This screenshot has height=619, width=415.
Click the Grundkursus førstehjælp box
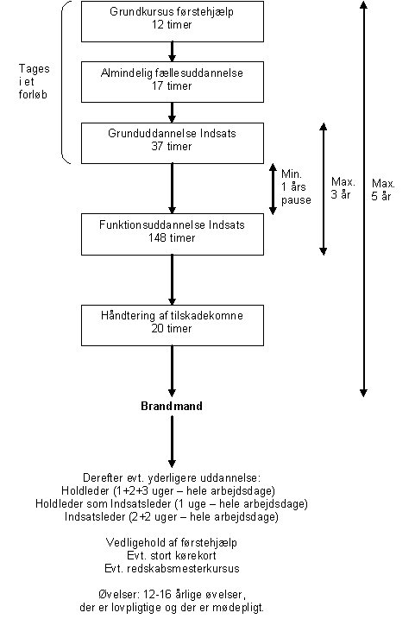pyautogui.click(x=173, y=22)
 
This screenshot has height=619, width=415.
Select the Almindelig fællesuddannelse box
pyautogui.click(x=173, y=82)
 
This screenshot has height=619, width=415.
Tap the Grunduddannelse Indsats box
pyautogui.click(x=173, y=143)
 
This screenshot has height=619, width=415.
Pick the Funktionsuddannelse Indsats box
pyautogui.click(x=173, y=234)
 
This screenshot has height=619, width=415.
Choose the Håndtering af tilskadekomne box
pyautogui.click(x=173, y=325)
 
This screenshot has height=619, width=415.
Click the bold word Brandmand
pyautogui.click(x=172, y=406)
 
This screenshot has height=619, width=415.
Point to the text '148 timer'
pyautogui.click(x=172, y=237)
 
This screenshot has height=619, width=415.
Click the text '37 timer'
pyautogui.click(x=172, y=147)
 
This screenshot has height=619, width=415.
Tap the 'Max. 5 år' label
pyautogui.click(x=383, y=190)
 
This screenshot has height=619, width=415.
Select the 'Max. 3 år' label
pyautogui.click(x=343, y=188)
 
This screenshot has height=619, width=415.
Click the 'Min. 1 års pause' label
pyautogui.click(x=296, y=187)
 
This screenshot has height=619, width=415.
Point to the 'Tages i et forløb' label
pyautogui.click(x=34, y=81)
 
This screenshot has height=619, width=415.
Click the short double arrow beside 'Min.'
pyautogui.click(x=273, y=189)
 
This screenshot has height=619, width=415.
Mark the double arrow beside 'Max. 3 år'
pyautogui.click(x=323, y=189)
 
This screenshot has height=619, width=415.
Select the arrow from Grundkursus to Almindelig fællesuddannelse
pyautogui.click(x=172, y=52)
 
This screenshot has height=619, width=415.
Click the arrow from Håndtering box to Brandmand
pyautogui.click(x=172, y=371)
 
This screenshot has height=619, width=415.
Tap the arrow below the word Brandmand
pyautogui.click(x=172, y=442)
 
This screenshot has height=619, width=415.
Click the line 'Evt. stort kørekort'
pyautogui.click(x=172, y=555)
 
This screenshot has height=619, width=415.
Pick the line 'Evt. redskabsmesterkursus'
pyautogui.click(x=172, y=568)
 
